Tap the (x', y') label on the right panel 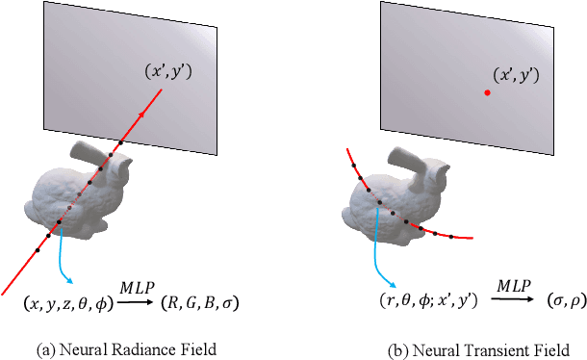tap(515, 74)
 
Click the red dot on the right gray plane tap(487, 92)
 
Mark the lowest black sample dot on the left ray tap(38, 250)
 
